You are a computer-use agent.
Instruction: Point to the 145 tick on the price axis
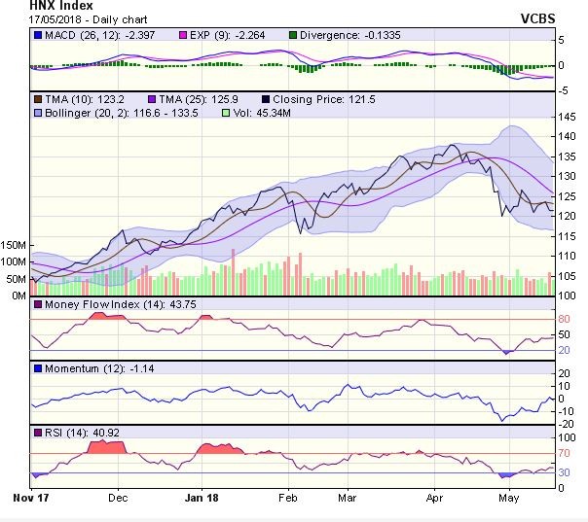[569, 117]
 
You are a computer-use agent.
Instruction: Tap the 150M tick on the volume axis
[15, 244]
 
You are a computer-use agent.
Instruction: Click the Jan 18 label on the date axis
[202, 496]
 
